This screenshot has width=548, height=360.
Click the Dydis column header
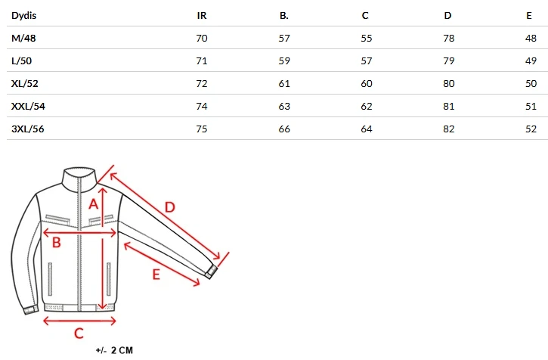coord(23,16)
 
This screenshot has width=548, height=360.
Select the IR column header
coord(202,16)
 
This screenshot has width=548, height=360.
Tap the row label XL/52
coord(24,84)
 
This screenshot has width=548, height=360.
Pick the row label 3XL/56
coord(28,129)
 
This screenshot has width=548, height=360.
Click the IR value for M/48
coord(202,38)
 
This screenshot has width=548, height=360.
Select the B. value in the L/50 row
coord(284,61)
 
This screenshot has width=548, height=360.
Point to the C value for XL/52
coord(367,84)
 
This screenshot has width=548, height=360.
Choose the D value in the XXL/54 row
coord(449,107)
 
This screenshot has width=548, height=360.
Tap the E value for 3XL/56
coord(531,129)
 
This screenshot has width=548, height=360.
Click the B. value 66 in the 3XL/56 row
coord(284,129)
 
